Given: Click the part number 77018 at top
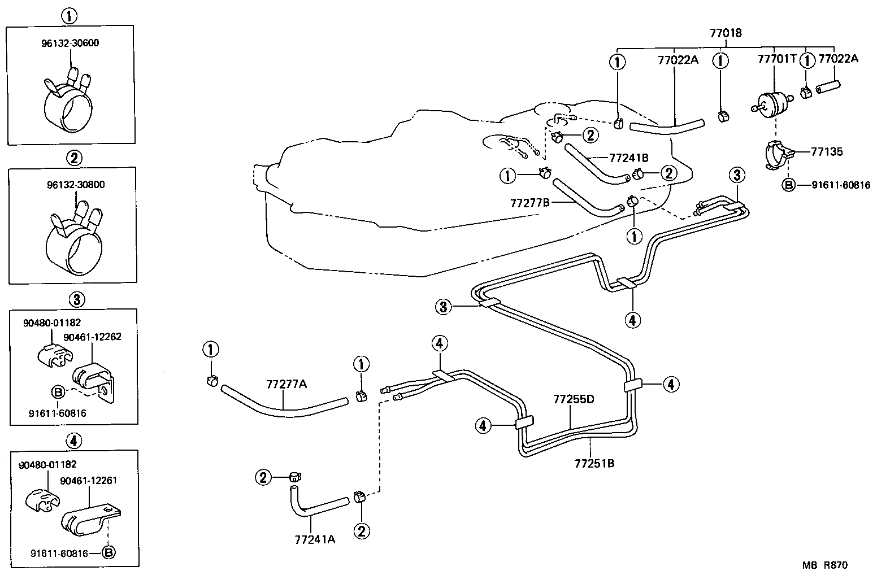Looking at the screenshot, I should pyautogui.click(x=725, y=33).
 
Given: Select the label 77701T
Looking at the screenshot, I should pyautogui.click(x=776, y=59).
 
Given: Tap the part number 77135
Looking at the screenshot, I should pyautogui.click(x=827, y=151).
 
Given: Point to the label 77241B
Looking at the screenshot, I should pyautogui.click(x=628, y=158).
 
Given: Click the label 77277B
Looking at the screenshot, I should pyautogui.click(x=529, y=202).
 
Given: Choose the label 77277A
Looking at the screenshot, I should pyautogui.click(x=286, y=384).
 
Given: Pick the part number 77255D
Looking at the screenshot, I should pyautogui.click(x=574, y=399).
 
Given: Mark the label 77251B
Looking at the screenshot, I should pyautogui.click(x=594, y=464).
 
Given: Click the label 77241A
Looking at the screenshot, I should pyautogui.click(x=315, y=539).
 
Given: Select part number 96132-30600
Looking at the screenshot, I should pyautogui.click(x=70, y=43).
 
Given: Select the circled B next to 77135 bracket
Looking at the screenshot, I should pyautogui.click(x=788, y=185).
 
